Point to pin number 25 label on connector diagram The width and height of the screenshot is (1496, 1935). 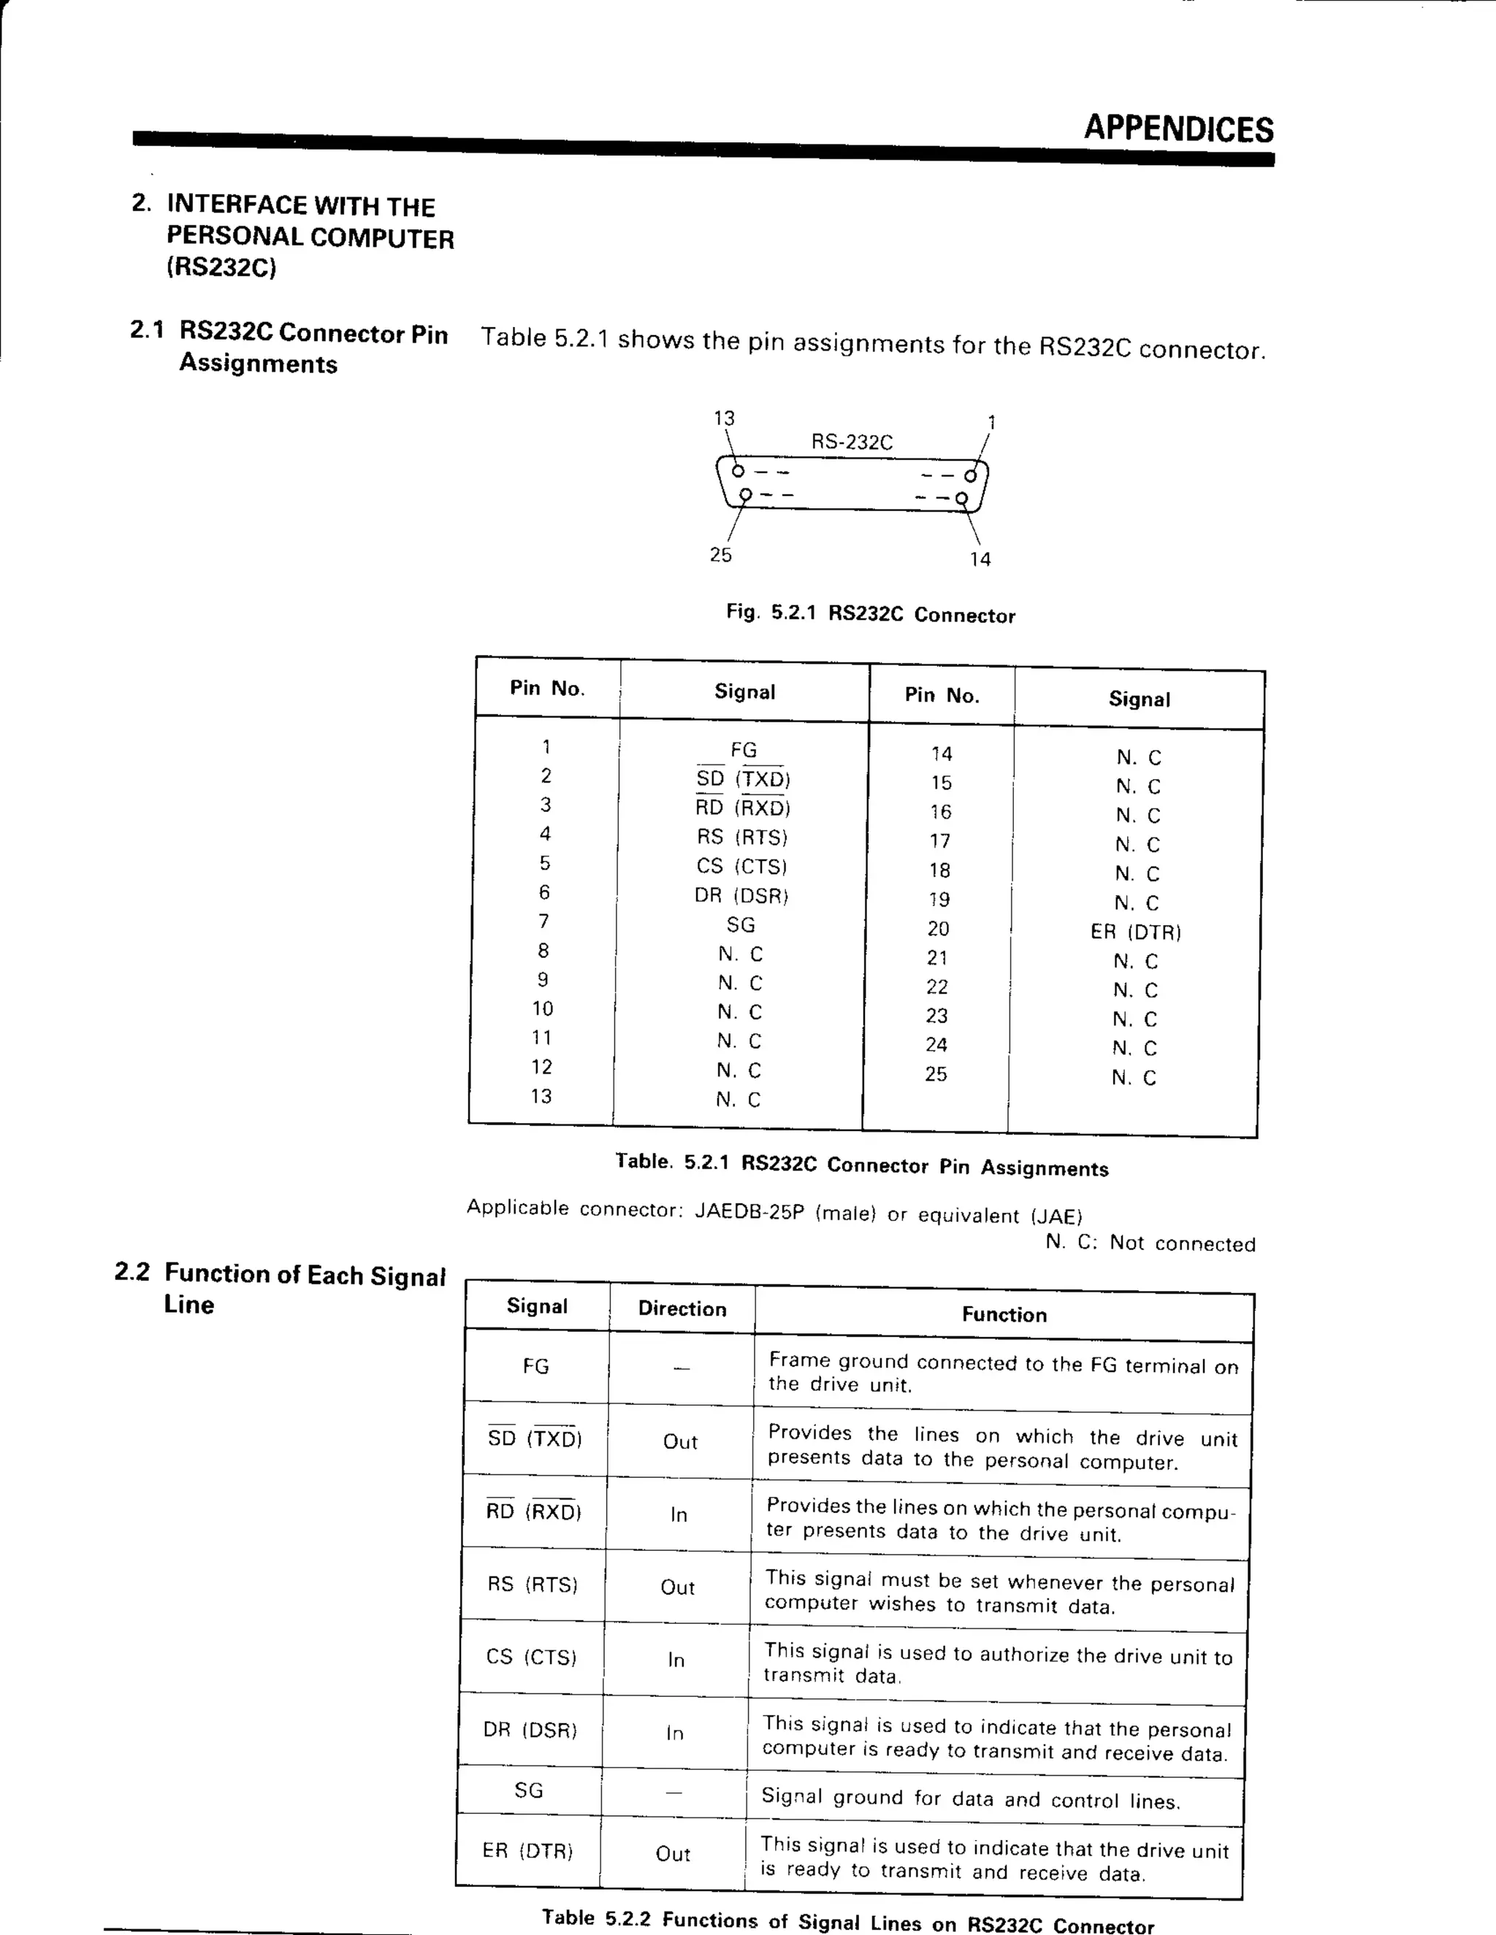pos(720,556)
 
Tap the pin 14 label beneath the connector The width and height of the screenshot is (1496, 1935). pos(980,560)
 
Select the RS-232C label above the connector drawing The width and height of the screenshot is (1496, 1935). pos(852,442)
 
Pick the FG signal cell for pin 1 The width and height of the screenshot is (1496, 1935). pos(744,751)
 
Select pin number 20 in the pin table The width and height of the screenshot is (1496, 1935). pos(938,929)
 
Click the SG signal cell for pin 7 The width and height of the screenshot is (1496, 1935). pos(741,925)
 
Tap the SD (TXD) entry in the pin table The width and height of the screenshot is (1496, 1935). pos(743,780)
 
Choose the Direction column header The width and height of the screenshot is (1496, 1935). pos(682,1309)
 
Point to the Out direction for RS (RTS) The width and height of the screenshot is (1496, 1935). pos(677,1587)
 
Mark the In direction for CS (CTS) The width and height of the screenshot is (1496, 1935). pos(676,1660)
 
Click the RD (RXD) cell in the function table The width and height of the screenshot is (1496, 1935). pos(533,1511)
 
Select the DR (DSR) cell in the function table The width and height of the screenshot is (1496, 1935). pos(530,1729)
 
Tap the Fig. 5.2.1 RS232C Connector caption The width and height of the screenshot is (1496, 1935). pos(870,614)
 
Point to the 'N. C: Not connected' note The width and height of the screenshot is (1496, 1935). pos(1150,1243)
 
